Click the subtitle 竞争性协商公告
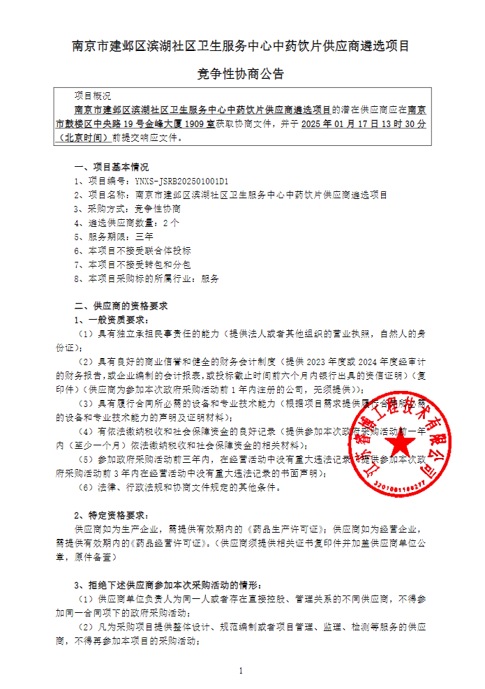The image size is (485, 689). pyautogui.click(x=241, y=74)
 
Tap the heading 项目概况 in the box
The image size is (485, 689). pyautogui.click(x=92, y=96)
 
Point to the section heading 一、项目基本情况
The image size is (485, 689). pyautogui.click(x=112, y=167)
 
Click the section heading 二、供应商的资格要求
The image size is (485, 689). pyautogui.click(x=120, y=306)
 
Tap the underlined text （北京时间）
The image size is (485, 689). pyautogui.click(x=84, y=138)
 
